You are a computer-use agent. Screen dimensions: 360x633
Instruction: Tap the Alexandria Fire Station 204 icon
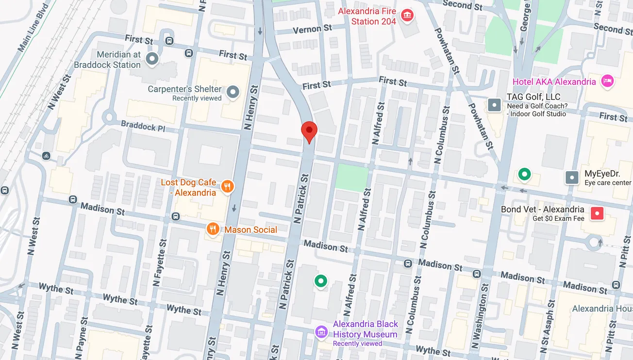407,16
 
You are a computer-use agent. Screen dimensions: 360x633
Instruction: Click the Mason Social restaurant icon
212,229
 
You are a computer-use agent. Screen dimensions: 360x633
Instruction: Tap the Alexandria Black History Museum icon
321,332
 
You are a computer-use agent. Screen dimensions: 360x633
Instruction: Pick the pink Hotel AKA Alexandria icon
607,81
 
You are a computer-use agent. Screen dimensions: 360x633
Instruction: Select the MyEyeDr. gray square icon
572,178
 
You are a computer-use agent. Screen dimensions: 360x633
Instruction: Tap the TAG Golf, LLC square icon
495,104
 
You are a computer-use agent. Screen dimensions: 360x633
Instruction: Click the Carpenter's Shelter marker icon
233,92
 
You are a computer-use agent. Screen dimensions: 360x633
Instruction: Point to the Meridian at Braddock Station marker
152,59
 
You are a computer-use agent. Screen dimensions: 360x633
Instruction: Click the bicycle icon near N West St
46,156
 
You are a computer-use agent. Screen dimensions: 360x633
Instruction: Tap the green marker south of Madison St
320,280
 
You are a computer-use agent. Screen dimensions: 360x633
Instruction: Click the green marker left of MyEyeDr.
524,174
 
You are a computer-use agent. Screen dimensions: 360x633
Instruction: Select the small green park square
352,178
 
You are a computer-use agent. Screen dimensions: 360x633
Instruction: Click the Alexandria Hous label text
601,309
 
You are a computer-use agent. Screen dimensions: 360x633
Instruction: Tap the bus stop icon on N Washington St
477,274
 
